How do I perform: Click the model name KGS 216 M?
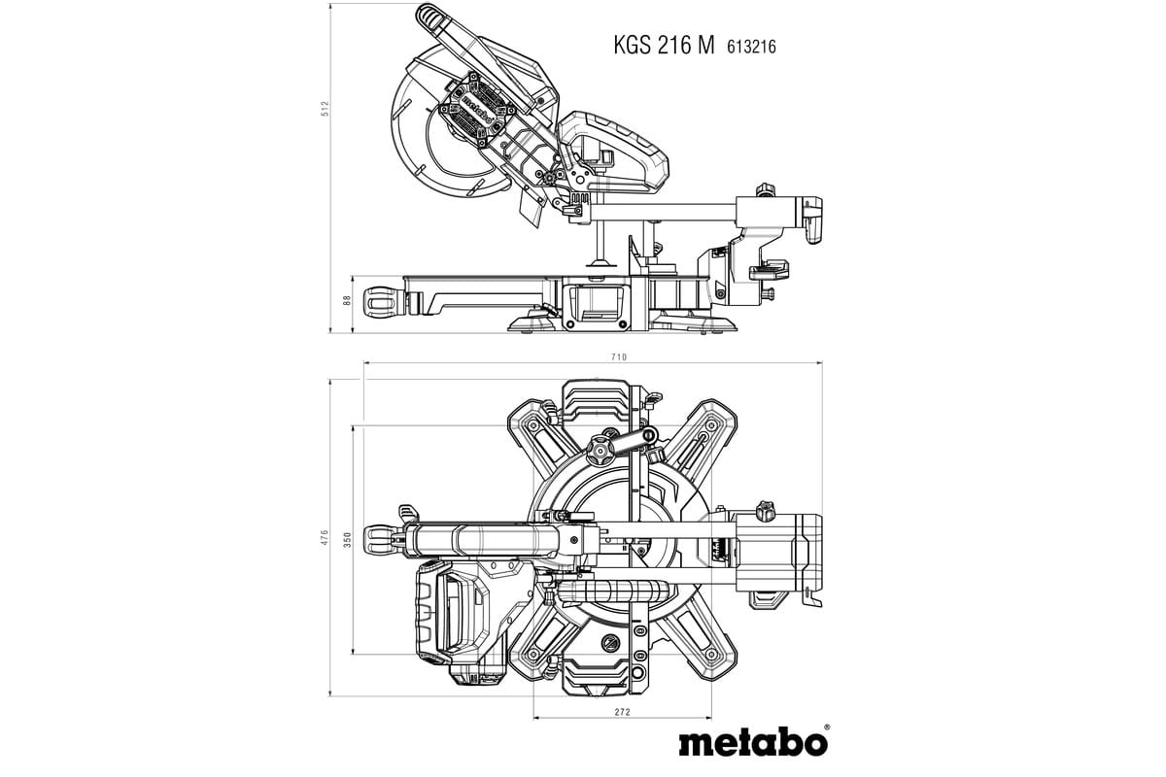[663, 45]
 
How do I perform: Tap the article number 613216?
[750, 46]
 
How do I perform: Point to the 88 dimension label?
[347, 300]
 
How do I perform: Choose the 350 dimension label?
[347, 538]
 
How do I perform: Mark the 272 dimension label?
[623, 712]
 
